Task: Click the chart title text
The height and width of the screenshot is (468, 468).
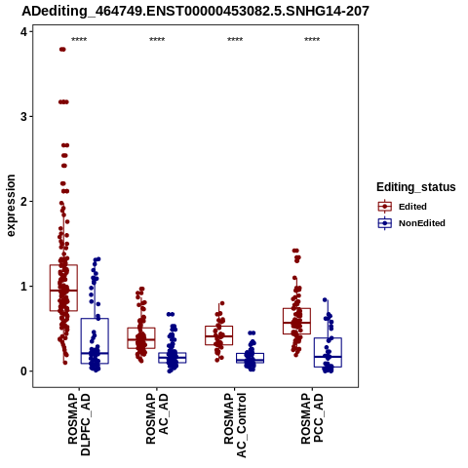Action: (195, 12)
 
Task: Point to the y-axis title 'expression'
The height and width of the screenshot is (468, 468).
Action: (11, 206)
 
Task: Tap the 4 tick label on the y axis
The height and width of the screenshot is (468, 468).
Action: (23, 32)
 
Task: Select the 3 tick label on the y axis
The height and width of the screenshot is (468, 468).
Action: (23, 117)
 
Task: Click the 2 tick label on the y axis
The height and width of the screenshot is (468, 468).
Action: (23, 202)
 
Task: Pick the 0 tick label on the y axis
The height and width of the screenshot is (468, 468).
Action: (23, 371)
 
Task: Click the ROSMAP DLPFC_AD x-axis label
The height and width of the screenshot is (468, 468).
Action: (79, 424)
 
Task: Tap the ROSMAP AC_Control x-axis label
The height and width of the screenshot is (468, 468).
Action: (235, 425)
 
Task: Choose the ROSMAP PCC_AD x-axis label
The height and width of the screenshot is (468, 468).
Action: (312, 418)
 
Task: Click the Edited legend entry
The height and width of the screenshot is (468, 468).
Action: (403, 207)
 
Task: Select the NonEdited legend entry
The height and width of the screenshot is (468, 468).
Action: (411, 223)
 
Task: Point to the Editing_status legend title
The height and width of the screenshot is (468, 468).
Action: (416, 187)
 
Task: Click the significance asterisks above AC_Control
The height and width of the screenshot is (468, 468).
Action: (235, 40)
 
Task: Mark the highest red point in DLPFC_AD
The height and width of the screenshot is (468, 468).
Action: (62, 50)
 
